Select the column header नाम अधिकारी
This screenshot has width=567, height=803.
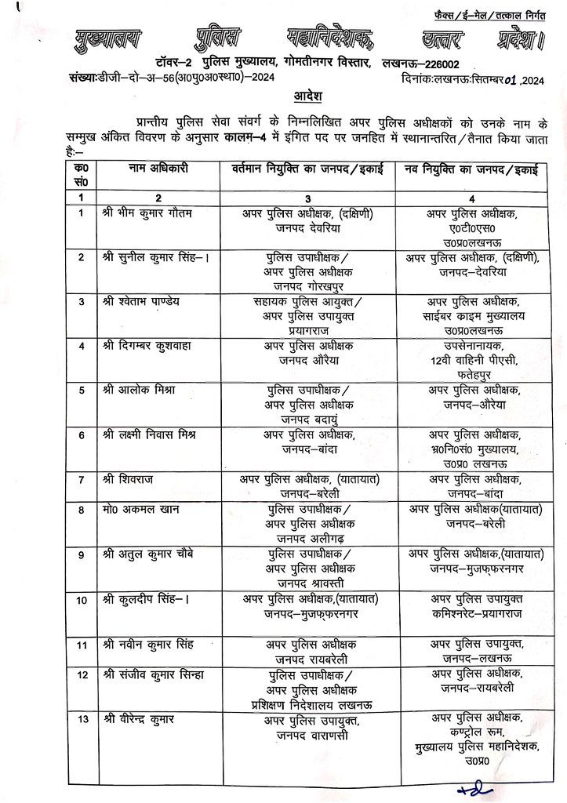[155, 169]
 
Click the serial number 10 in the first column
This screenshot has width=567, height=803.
[82, 600]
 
